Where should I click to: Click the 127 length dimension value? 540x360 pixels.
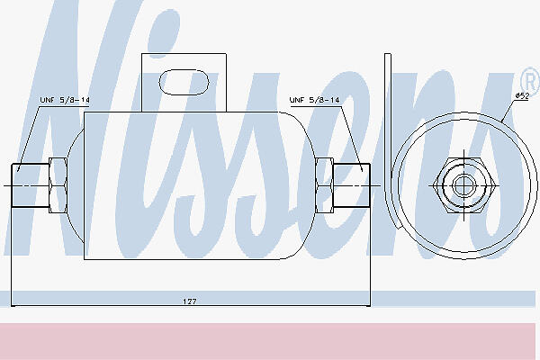[x=189, y=301]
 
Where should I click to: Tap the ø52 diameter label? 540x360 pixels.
[x=522, y=95]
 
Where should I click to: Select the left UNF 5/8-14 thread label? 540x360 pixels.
[x=65, y=100]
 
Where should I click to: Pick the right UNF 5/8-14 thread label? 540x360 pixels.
[x=315, y=100]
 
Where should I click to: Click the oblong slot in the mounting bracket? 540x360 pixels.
[x=184, y=82]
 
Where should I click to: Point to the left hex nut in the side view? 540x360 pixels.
[x=58, y=185]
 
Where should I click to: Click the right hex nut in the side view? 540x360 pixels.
[x=324, y=185]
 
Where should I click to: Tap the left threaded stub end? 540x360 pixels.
[x=31, y=185]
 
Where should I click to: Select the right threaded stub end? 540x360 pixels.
[x=352, y=185]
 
